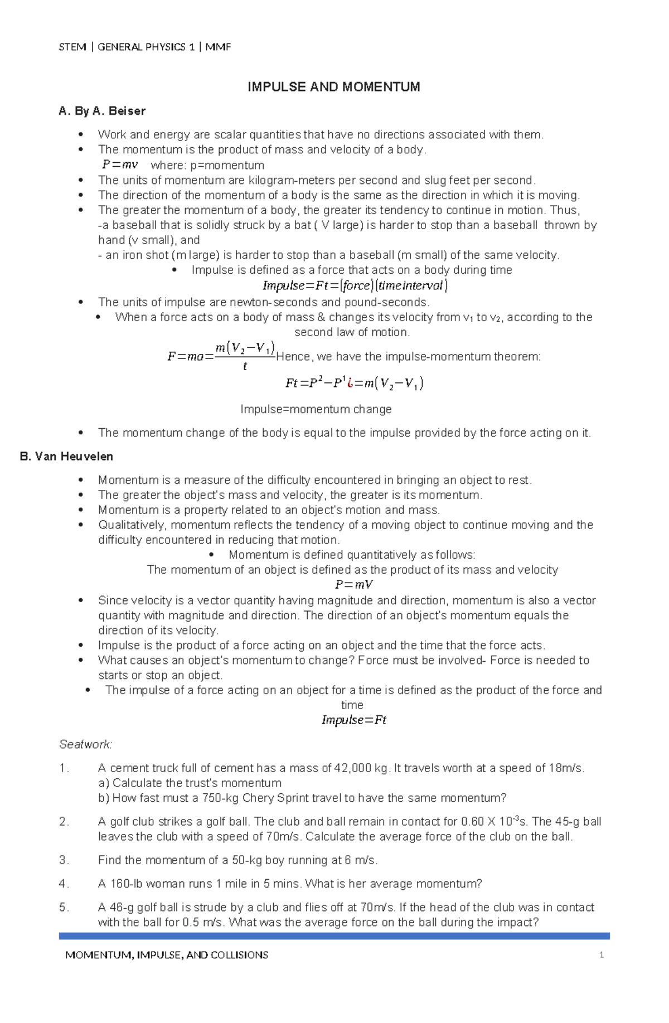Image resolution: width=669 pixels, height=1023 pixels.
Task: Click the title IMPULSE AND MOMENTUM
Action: [333, 87]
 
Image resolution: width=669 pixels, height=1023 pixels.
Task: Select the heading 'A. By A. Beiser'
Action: [102, 111]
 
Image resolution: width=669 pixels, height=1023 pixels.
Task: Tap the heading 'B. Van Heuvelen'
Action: [66, 457]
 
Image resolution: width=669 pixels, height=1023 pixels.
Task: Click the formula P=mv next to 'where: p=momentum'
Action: [120, 165]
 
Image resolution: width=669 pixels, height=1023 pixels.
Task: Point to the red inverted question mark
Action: [349, 383]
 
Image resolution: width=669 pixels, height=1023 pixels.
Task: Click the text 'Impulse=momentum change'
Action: [316, 409]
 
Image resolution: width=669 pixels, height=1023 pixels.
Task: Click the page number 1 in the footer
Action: [602, 955]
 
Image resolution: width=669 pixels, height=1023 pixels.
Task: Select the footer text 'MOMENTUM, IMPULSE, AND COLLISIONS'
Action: [167, 955]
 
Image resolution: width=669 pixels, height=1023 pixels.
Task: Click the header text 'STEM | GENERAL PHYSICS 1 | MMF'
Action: [145, 47]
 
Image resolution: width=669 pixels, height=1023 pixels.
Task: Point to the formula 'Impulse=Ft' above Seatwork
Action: [354, 720]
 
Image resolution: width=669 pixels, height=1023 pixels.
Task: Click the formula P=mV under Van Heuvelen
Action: [353, 585]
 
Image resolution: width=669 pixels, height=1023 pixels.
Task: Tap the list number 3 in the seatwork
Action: [63, 860]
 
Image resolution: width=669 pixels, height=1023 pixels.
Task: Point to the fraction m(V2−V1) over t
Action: [245, 356]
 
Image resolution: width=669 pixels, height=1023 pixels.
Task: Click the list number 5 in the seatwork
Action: [63, 908]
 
